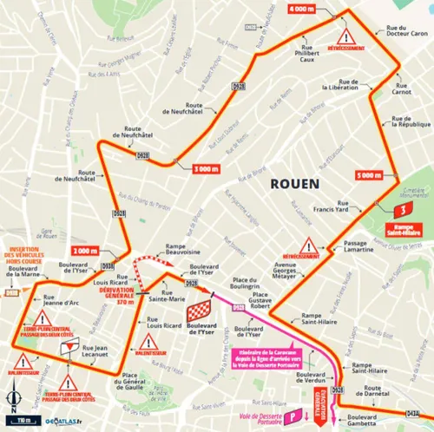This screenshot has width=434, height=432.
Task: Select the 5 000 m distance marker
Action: coord(369,175)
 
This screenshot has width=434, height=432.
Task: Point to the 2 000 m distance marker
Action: coord(85,251)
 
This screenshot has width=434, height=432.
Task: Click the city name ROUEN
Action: coord(295,183)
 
